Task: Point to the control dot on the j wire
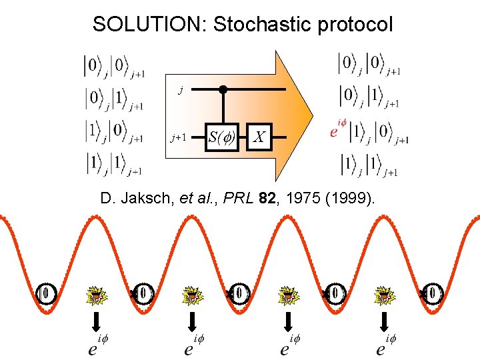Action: [223, 89]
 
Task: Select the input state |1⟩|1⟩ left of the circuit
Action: [113, 163]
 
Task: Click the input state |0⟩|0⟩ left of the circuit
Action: [113, 65]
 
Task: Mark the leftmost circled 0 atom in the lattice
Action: [45, 293]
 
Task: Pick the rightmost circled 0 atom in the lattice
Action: [433, 293]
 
